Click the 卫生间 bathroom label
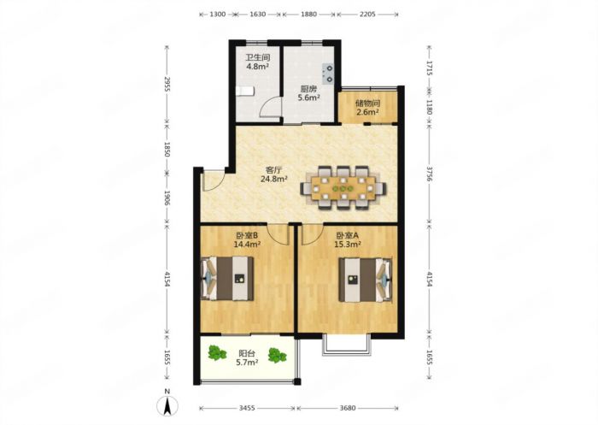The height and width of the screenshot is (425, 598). pyautogui.click(x=257, y=58)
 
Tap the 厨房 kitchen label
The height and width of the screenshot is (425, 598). pyautogui.click(x=308, y=89)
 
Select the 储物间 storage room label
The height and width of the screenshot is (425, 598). pyautogui.click(x=367, y=103)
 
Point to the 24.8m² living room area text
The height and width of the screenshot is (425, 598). pyautogui.click(x=274, y=179)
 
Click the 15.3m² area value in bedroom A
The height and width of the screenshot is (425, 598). pyautogui.click(x=348, y=244)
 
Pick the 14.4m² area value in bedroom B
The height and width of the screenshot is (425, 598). pyautogui.click(x=247, y=244)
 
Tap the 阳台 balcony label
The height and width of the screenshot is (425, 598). pyautogui.click(x=247, y=353)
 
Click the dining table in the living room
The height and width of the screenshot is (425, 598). pyautogui.click(x=343, y=188)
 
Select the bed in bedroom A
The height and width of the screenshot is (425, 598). pyautogui.click(x=366, y=280)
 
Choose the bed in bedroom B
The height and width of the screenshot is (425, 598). pyautogui.click(x=227, y=279)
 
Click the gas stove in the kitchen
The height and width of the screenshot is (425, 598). pyautogui.click(x=328, y=74)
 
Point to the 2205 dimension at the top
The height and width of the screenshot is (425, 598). pyautogui.click(x=367, y=15)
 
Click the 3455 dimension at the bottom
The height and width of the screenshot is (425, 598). pyautogui.click(x=247, y=408)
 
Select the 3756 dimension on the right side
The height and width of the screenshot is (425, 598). pyautogui.click(x=430, y=174)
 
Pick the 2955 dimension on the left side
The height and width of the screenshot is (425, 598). pyautogui.click(x=167, y=85)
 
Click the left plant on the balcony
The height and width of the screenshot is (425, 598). pyautogui.click(x=217, y=353)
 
